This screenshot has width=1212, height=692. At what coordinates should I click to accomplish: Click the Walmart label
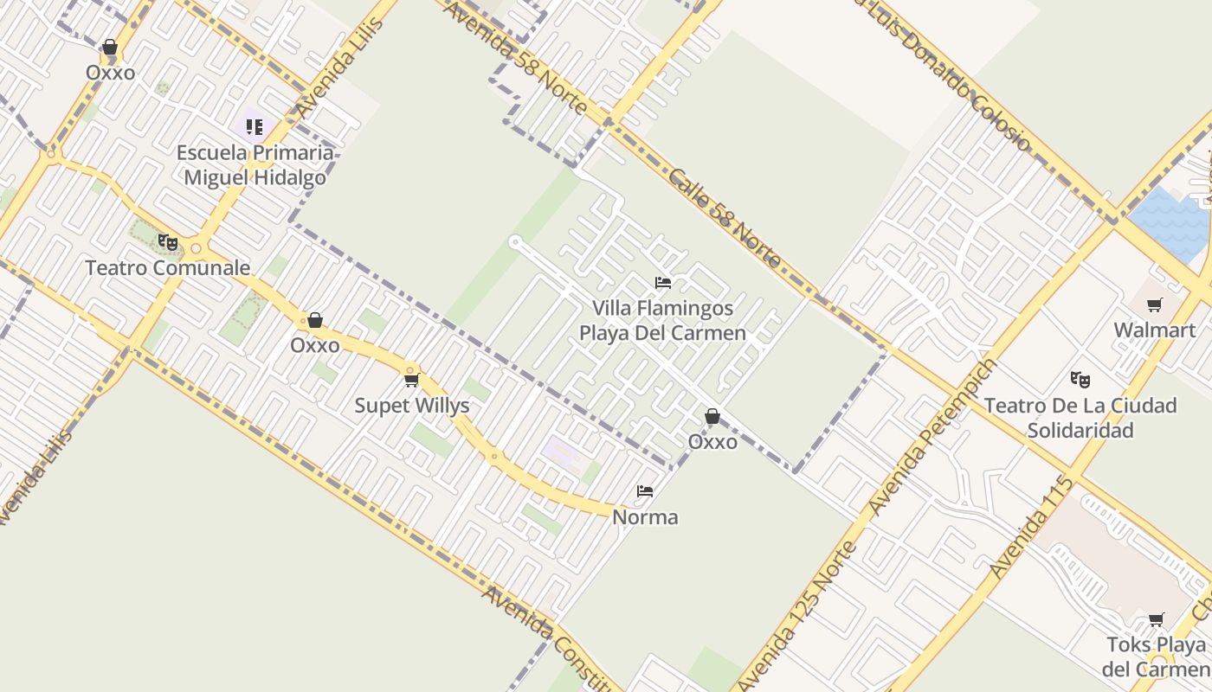point(1154,330)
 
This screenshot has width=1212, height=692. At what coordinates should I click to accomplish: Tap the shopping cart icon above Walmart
point(1154,305)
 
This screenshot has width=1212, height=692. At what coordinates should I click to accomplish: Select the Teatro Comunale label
point(167,268)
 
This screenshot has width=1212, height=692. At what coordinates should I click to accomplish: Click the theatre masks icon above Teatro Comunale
point(168,242)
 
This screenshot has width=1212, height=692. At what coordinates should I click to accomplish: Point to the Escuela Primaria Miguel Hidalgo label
point(255,165)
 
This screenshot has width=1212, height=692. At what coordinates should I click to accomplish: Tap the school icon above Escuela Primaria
point(254,127)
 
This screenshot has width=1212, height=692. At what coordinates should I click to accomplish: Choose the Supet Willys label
point(412,406)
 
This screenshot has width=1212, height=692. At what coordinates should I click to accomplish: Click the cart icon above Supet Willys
point(412,380)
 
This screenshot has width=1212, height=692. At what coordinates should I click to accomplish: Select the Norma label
point(645,517)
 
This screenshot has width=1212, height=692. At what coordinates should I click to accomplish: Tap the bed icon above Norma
point(645,491)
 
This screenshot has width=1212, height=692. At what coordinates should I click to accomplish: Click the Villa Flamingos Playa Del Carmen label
point(662,320)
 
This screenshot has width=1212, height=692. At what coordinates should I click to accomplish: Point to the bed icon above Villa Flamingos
point(663,283)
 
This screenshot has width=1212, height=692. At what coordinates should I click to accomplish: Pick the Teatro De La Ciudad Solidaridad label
point(1080,417)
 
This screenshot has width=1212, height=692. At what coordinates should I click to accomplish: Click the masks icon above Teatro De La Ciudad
point(1080,379)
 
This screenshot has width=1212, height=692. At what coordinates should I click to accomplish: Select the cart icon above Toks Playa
point(1156,619)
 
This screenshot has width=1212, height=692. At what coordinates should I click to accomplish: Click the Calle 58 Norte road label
point(725,217)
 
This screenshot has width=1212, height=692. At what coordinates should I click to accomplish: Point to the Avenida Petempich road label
point(932,437)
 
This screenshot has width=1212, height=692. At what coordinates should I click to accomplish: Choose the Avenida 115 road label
point(1031,527)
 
